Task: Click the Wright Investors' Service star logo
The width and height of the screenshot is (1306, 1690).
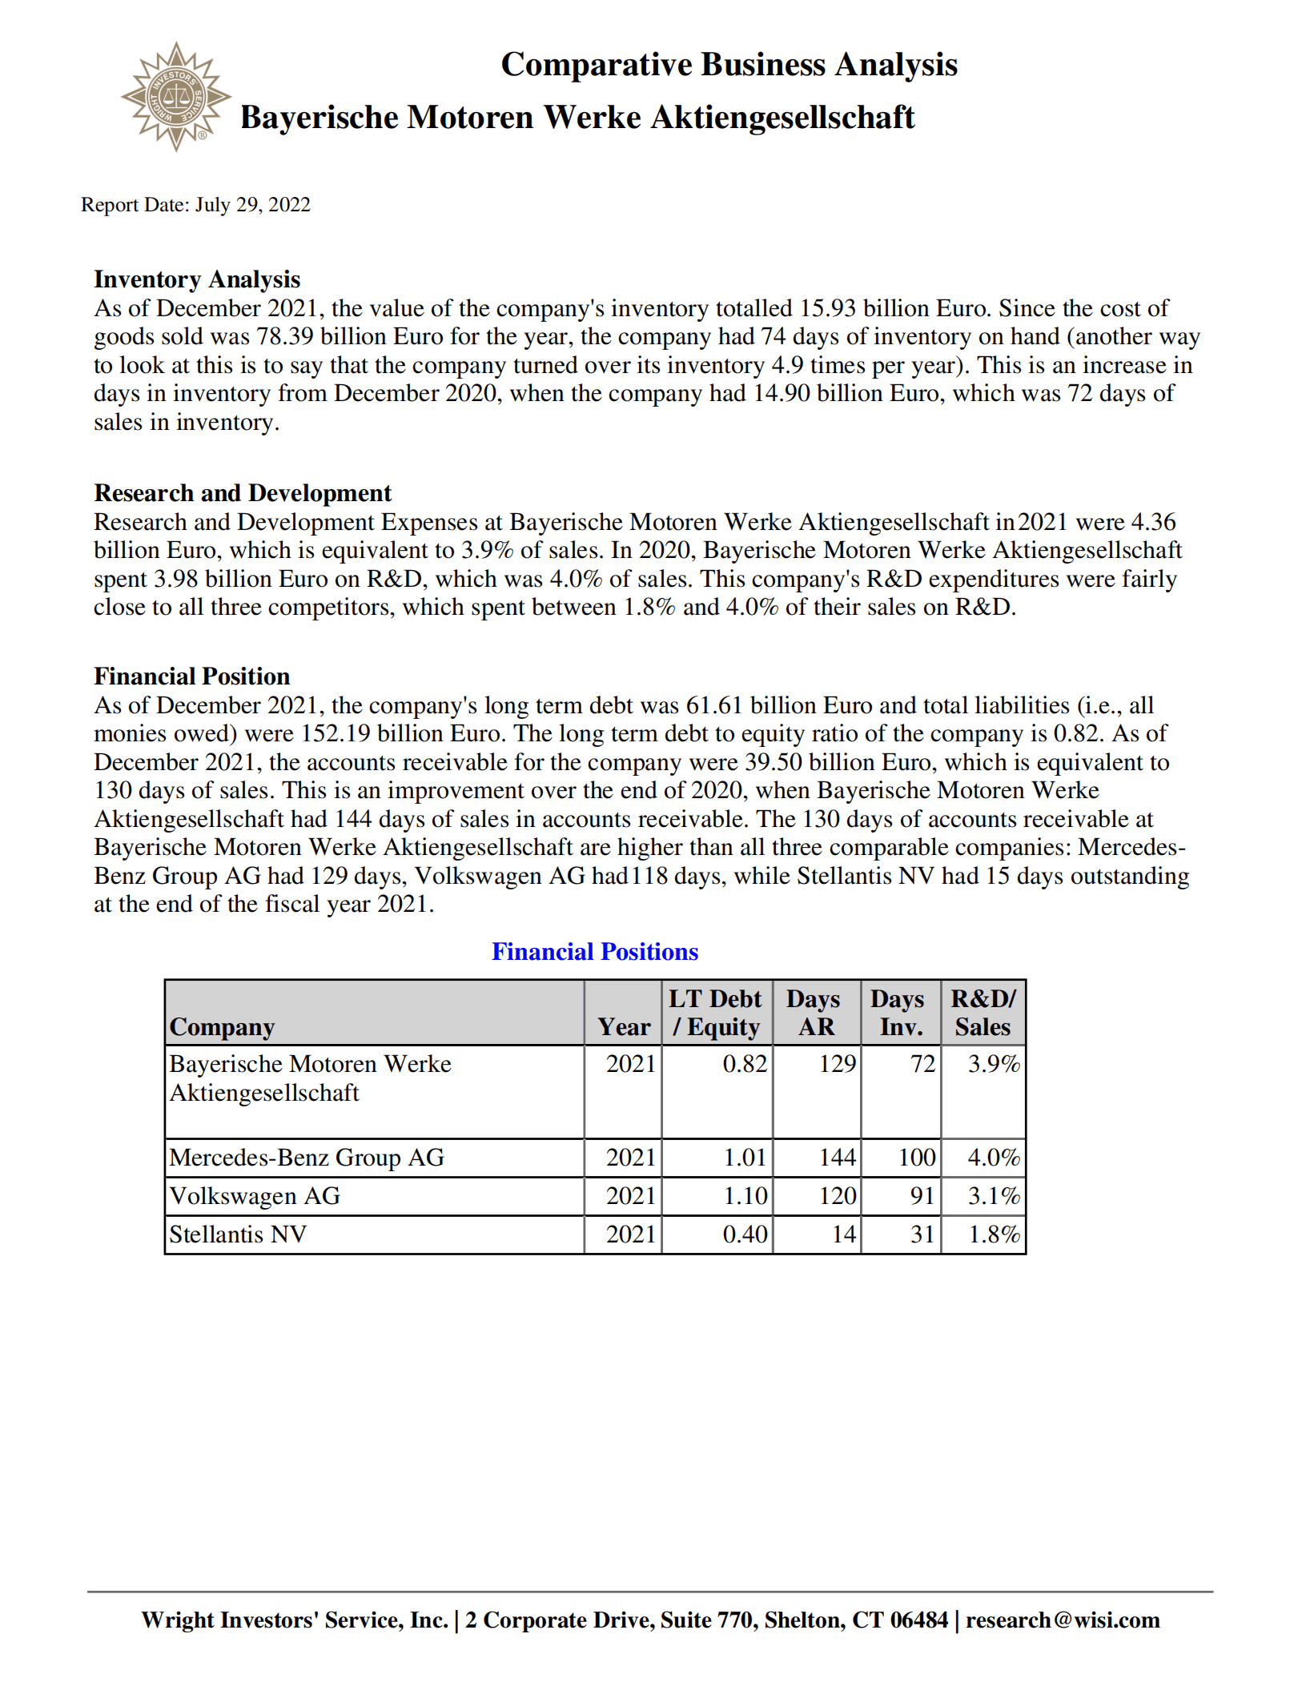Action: point(176,97)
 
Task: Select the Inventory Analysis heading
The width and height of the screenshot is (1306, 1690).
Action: point(197,279)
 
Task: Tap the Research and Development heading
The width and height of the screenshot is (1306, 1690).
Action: point(243,492)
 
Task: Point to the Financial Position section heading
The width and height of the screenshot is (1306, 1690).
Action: point(191,676)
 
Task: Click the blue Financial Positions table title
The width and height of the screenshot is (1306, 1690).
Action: point(594,951)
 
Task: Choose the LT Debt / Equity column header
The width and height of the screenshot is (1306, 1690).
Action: point(716,1013)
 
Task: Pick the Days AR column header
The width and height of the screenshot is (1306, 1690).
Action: point(815,1013)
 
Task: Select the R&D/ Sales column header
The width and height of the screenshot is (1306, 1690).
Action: point(983,1013)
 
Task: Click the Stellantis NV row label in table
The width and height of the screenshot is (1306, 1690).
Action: point(238,1234)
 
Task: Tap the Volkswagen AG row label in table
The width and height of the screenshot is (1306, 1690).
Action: point(255,1196)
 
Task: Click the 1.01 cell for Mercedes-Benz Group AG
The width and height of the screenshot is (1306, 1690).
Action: point(745,1158)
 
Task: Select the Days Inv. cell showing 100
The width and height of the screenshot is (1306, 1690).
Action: point(916,1158)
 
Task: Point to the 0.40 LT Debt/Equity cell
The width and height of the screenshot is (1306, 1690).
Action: point(745,1234)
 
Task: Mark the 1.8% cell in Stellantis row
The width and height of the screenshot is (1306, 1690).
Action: point(994,1234)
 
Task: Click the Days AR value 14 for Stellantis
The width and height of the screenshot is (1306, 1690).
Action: point(843,1234)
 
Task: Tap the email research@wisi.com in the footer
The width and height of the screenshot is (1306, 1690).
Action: point(1062,1620)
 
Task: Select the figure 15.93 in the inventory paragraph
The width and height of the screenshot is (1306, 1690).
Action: point(828,308)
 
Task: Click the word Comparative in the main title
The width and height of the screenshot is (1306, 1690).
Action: point(596,65)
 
